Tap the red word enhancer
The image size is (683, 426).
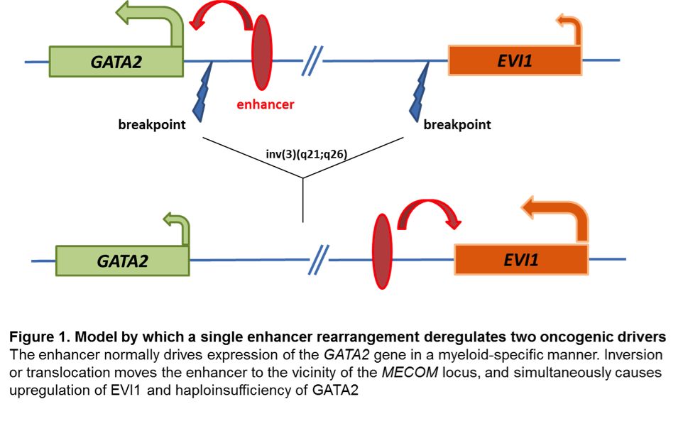click(265, 105)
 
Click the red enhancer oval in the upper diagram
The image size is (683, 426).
click(262, 53)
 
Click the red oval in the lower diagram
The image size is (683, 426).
click(382, 251)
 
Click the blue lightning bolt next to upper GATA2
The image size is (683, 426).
click(203, 93)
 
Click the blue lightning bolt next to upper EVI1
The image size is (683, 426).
click(420, 93)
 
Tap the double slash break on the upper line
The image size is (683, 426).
click(312, 60)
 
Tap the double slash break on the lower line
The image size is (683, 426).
click(319, 260)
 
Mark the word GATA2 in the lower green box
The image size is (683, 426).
click(122, 261)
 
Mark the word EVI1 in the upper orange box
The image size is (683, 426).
click(515, 60)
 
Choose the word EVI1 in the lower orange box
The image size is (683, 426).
click(521, 260)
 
